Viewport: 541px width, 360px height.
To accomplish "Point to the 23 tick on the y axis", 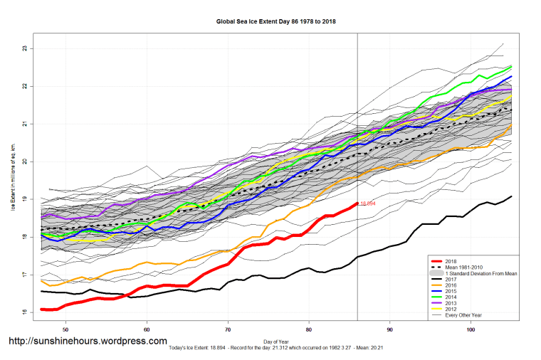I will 23,48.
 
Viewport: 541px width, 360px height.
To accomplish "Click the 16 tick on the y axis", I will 23,312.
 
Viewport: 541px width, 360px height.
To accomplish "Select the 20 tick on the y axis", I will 23,162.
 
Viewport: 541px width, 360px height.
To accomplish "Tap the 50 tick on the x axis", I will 65,330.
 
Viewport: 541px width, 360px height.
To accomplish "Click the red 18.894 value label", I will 367,203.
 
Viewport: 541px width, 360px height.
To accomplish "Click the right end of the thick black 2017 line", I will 511,196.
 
